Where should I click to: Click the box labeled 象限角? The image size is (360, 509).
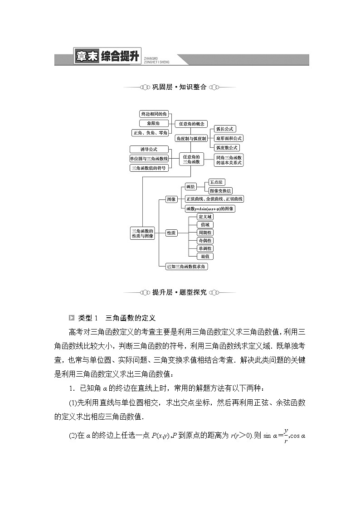click(154, 123)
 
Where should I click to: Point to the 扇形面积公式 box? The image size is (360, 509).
click(229, 138)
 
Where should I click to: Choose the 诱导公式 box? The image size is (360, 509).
click(149, 150)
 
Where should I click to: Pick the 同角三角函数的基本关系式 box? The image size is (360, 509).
click(229, 160)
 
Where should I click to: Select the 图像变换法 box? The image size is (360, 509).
click(220, 191)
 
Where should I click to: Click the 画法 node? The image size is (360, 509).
click(190, 187)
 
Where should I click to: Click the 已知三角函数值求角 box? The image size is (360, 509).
click(186, 267)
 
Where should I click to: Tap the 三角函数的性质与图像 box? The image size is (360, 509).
click(142, 233)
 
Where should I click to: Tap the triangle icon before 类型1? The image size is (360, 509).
click(71, 318)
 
